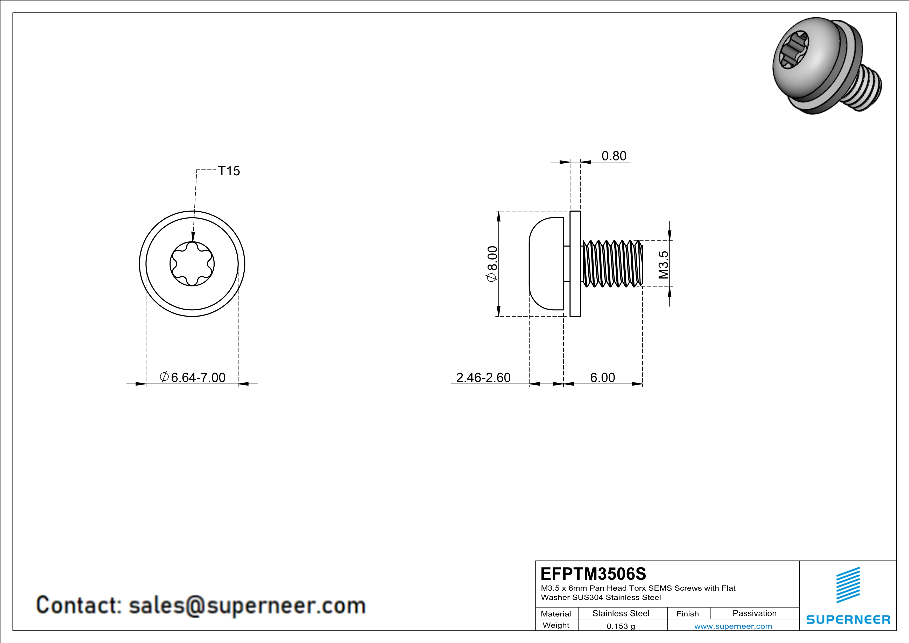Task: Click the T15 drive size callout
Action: (x=229, y=171)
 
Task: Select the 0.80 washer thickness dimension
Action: (x=614, y=156)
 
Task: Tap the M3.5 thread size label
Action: (x=664, y=264)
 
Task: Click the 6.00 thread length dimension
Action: (x=603, y=377)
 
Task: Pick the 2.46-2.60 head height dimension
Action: (x=483, y=377)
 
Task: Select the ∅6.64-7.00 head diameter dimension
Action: (x=193, y=377)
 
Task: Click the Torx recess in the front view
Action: (x=192, y=264)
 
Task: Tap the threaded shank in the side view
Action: (x=612, y=264)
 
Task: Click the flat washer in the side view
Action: (x=575, y=264)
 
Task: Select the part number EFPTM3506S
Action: (x=593, y=574)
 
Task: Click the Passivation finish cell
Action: (x=754, y=613)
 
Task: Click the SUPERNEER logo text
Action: (x=848, y=620)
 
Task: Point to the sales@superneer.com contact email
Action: (x=247, y=606)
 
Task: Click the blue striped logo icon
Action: (x=848, y=585)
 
